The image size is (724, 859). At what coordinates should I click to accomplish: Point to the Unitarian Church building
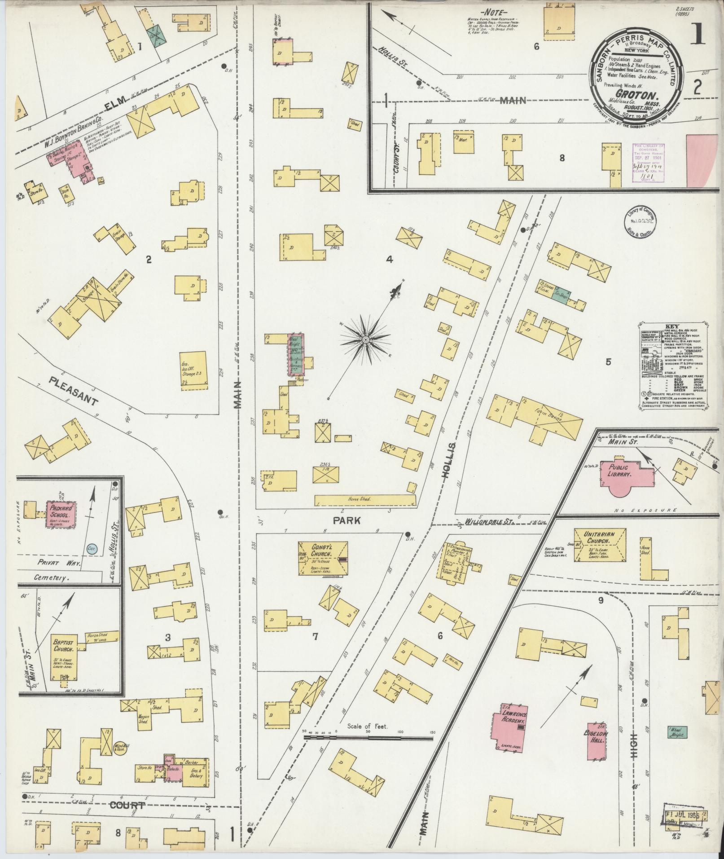600,545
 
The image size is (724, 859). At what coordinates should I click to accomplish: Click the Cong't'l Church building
323,558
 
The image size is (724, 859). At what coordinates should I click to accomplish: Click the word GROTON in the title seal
633,95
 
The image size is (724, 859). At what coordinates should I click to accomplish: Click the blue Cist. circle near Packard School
92,549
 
